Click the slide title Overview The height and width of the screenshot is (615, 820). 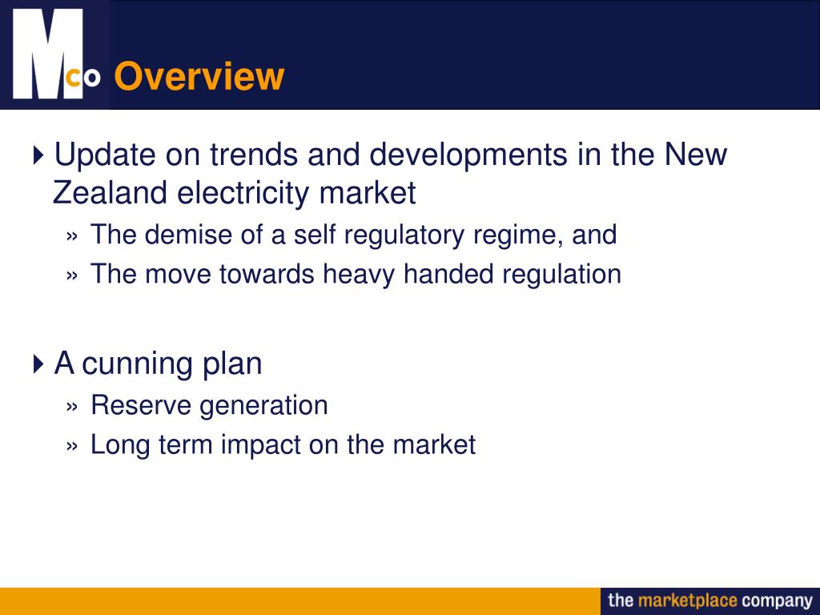(x=199, y=77)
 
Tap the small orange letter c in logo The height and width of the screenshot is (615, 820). (x=73, y=77)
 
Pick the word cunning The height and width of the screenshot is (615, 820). (x=137, y=364)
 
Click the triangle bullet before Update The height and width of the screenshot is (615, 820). (x=40, y=155)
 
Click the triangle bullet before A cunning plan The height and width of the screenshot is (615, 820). (x=40, y=364)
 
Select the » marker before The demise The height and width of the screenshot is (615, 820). (x=73, y=236)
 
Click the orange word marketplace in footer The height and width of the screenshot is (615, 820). (x=687, y=601)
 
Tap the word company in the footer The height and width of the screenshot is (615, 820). (x=777, y=601)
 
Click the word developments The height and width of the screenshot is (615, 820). (x=467, y=154)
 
